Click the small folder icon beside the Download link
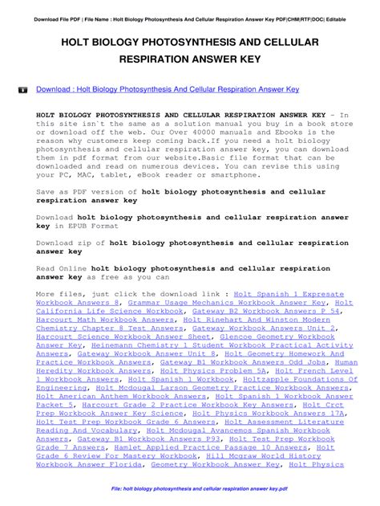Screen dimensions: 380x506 pyautogui.click(x=22, y=91)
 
